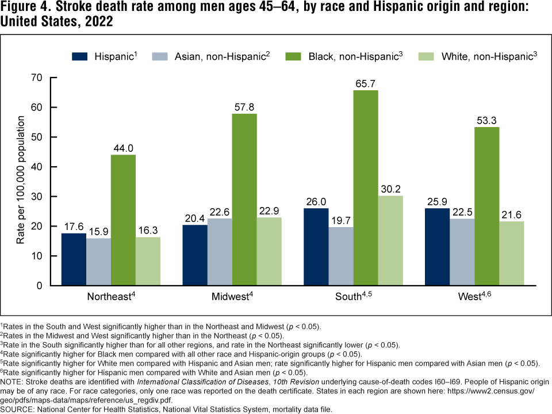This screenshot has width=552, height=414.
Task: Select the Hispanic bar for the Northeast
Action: pos(74,259)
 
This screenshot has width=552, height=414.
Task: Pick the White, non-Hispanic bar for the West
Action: pos(512,254)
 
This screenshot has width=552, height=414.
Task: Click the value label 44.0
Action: pos(123,148)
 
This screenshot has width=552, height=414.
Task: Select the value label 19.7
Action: pos(341,220)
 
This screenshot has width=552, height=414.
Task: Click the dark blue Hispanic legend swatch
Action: pos(79,57)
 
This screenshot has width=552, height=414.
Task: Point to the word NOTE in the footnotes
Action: pos(13,381)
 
